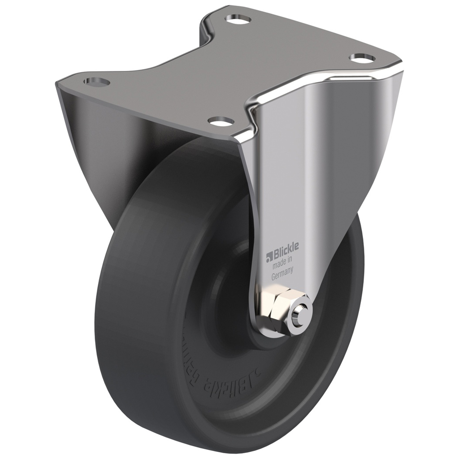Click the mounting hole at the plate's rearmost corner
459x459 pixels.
pos(238,19)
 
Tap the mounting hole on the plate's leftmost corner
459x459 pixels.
pos(96,82)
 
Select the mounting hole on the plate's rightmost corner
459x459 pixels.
pos(362,57)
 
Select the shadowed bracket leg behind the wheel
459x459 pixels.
pos(99,148)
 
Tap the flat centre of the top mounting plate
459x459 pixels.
pos(224,72)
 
